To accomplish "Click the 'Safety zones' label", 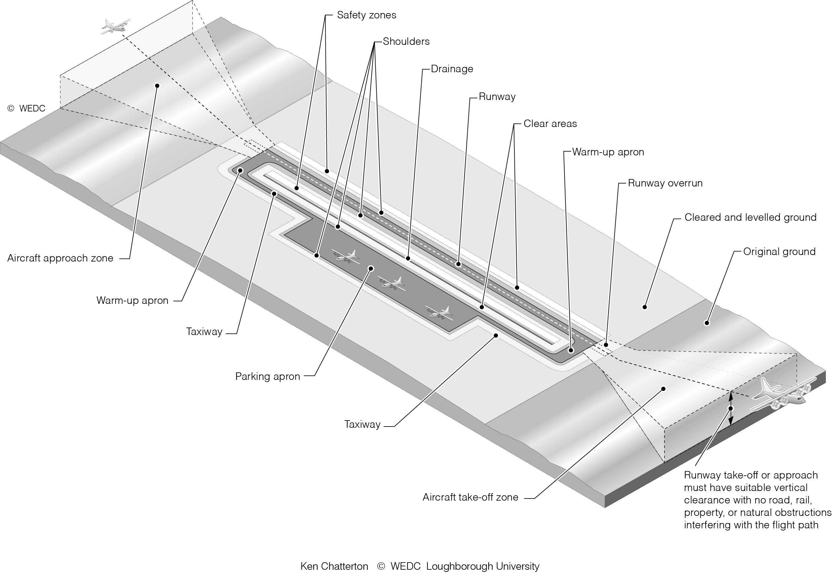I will pyautogui.click(x=366, y=15).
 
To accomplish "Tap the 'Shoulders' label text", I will pyautogui.click(x=406, y=42).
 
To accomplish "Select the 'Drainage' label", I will pyautogui.click(x=451, y=69).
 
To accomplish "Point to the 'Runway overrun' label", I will pyautogui.click(x=665, y=183).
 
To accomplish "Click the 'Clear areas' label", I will pyautogui.click(x=550, y=124).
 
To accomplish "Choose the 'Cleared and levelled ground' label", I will pyautogui.click(x=750, y=218).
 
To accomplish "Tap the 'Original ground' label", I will pyautogui.click(x=779, y=252).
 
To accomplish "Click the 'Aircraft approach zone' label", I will pyautogui.click(x=60, y=258).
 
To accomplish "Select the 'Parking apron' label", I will pyautogui.click(x=267, y=376).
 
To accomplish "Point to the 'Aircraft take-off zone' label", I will pyautogui.click(x=470, y=497).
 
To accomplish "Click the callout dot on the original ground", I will pyautogui.click(x=707, y=323).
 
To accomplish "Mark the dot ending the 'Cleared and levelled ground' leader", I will pyautogui.click(x=645, y=307).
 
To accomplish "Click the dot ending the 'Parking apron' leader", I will pyautogui.click(x=371, y=268).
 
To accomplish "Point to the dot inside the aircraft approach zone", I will pyautogui.click(x=157, y=86).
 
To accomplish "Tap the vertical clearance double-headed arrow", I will pyautogui.click(x=730, y=408).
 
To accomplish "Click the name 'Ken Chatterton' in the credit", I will pyautogui.click(x=334, y=567).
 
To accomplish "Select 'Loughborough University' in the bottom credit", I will pyautogui.click(x=483, y=567).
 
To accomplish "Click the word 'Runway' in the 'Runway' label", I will pyautogui.click(x=497, y=97).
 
